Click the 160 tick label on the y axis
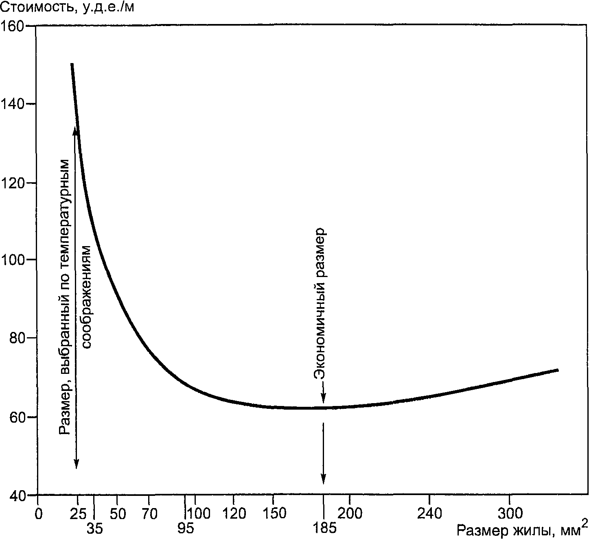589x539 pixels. pos(13,26)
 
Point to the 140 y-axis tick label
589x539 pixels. pos(13,104)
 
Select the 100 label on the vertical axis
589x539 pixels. pos(13,260)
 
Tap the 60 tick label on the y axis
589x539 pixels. pos(18,417)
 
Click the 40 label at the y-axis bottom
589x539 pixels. pos(18,495)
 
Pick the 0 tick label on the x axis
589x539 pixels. pos(38,514)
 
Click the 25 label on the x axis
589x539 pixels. pos(78,514)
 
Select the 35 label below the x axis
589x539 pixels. pos(95,529)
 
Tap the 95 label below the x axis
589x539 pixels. pos(186,529)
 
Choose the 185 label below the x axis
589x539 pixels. pos(324,529)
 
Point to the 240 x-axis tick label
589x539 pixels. pos(429,514)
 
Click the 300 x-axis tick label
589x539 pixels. pos(510,514)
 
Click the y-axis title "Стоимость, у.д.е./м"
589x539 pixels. pos(67,7)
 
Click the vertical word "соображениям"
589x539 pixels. pos(87,297)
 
